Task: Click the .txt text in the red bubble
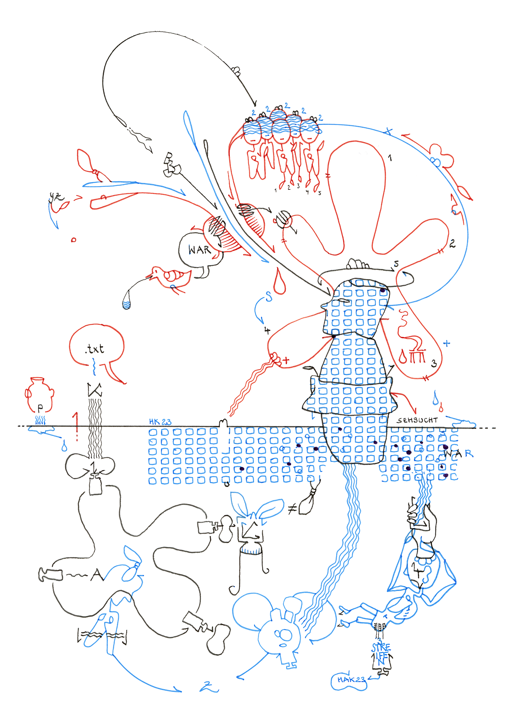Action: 95,349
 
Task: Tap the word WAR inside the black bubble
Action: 199,249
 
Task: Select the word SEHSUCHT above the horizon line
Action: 417,420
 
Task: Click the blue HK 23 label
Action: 160,422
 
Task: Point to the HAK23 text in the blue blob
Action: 351,680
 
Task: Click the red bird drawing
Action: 172,277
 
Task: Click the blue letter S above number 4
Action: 269,297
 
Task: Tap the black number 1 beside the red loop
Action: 390,158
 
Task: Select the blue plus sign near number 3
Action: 447,343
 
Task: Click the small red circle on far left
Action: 74,240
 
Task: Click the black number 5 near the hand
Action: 396,264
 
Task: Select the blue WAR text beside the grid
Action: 458,453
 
